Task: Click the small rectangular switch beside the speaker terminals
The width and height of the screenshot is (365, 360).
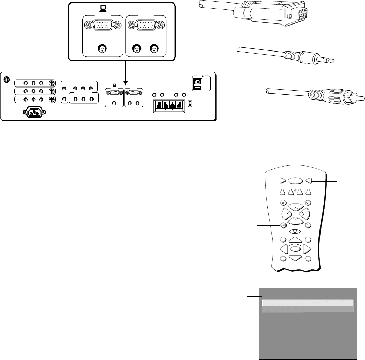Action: [x=190, y=104]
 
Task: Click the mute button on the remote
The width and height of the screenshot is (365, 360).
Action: [x=283, y=202]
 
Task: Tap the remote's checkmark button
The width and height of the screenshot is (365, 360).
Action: [x=308, y=202]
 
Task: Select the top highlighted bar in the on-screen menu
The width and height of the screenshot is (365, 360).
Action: [x=308, y=303]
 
